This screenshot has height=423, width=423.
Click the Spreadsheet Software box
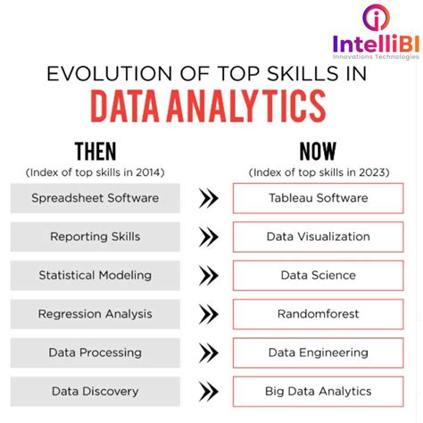pos(95,198)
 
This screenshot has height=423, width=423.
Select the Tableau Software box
pos(318,198)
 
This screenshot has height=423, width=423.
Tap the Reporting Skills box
pos(95,236)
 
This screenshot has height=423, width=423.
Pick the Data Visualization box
pos(318,236)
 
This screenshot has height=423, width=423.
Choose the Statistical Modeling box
pos(95,276)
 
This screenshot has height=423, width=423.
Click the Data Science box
pos(318,276)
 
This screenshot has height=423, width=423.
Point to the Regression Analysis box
pos(95,314)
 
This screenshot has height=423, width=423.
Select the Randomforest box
pos(318,314)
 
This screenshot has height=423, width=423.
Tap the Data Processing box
pos(95,352)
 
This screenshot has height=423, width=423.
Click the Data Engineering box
pos(318,352)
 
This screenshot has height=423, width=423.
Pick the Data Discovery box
pos(95,391)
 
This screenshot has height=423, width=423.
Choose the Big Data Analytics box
pos(318,391)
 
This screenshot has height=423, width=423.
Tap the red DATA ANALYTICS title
pos(207,107)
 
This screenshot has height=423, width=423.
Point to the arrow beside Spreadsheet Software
pos(208,199)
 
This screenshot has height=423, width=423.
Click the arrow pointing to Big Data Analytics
pos(208,392)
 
